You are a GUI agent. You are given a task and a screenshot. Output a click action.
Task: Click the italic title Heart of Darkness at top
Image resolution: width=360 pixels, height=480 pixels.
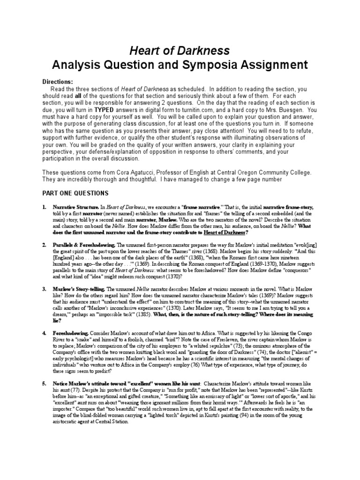(180, 50)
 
